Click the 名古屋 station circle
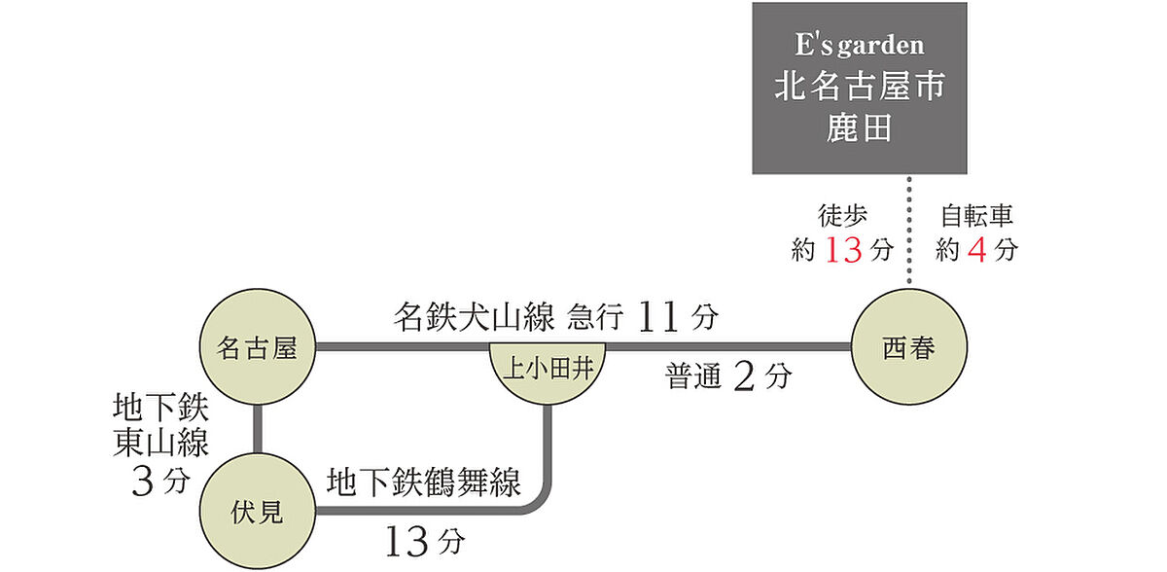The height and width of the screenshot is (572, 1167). pos(258,347)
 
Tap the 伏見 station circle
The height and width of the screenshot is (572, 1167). pos(258,511)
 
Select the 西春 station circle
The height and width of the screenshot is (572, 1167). pos(909,347)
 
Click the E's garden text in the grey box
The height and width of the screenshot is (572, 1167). pos(860,46)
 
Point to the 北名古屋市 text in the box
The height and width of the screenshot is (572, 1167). pos(860,86)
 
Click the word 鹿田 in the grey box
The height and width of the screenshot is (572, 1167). pos(860,128)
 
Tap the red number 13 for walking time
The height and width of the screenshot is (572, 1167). pos(844,250)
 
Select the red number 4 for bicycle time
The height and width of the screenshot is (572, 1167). pos(976,250)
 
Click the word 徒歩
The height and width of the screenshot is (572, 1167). pos(842,216)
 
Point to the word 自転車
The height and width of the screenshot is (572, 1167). pos(976,216)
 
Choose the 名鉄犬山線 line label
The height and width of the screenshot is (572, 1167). pos(475,316)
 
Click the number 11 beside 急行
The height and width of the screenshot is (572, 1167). pos(658,316)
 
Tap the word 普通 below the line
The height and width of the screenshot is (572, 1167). pos(693,376)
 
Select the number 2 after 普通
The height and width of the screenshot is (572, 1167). pos(744,376)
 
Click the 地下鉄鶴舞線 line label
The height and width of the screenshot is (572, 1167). pos(424,482)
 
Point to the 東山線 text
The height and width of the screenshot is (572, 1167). pos(161,444)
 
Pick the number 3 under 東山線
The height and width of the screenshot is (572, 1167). pos(142,482)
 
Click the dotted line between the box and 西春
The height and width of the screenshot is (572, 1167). pos(909,231)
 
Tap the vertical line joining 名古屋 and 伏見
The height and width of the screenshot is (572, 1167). pos(258,429)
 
